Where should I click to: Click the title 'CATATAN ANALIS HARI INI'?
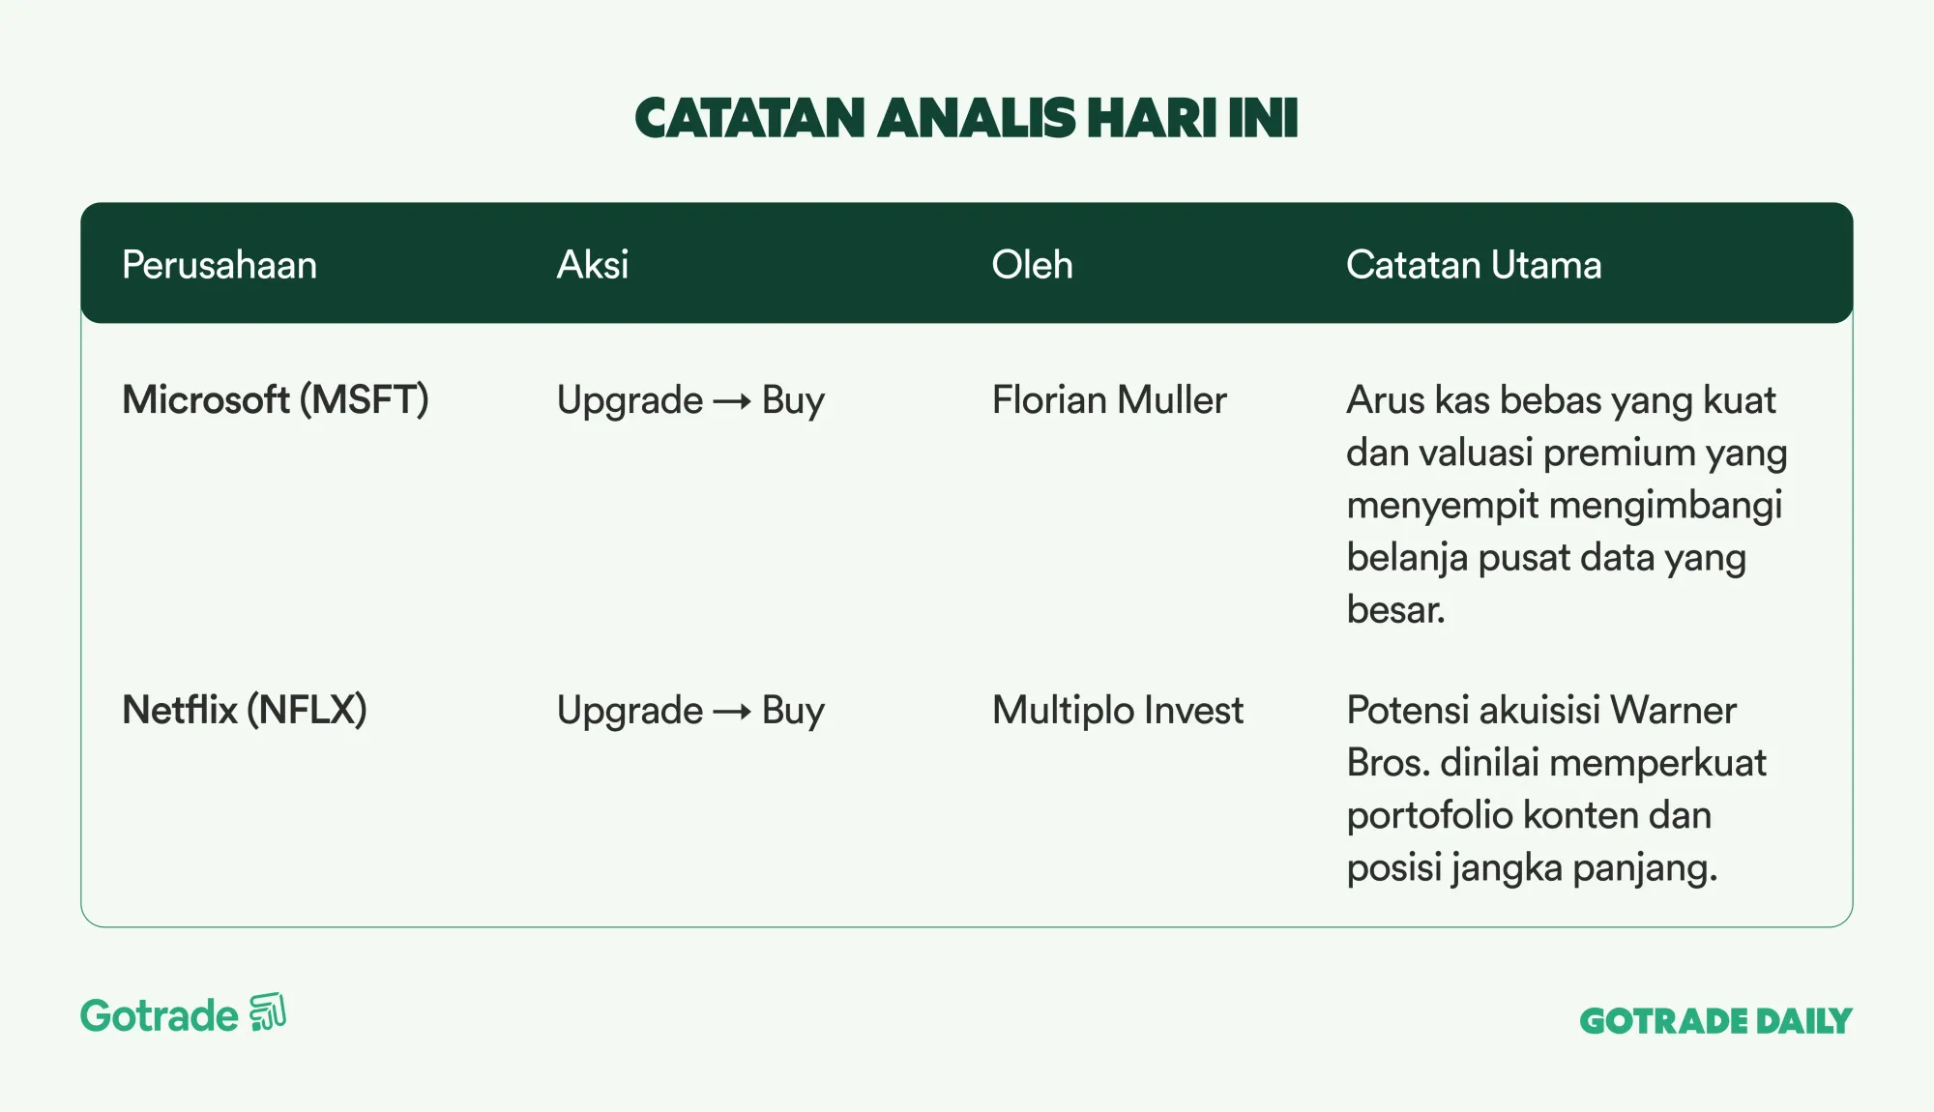966,118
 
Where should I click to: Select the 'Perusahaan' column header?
220,265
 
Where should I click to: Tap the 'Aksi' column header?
593,265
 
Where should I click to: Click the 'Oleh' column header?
1032,265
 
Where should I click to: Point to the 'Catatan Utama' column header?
1474,265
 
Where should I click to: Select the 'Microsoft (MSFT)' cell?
276,400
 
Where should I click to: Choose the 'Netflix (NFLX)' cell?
245,711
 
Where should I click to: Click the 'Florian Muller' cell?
1109,400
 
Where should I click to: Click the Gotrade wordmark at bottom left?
159,1016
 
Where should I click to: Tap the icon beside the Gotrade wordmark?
268,1012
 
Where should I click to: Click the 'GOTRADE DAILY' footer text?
1715,1021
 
